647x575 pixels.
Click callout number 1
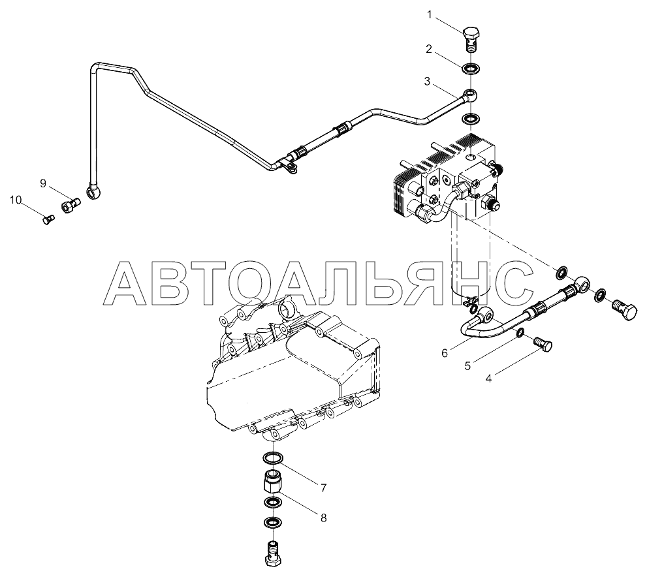pyautogui.click(x=430, y=14)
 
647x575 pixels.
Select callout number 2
pyautogui.click(x=429, y=49)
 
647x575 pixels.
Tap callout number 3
pyautogui.click(x=427, y=82)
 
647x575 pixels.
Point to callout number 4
pyautogui.click(x=489, y=377)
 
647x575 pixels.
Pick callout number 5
pyautogui.click(x=467, y=365)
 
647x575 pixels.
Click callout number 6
pyautogui.click(x=445, y=353)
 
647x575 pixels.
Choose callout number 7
pyautogui.click(x=323, y=487)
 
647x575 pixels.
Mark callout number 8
pyautogui.click(x=323, y=518)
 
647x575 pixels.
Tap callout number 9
pyautogui.click(x=43, y=184)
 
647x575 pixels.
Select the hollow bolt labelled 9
pyautogui.click(x=70, y=206)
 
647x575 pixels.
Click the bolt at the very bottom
pyautogui.click(x=272, y=552)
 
